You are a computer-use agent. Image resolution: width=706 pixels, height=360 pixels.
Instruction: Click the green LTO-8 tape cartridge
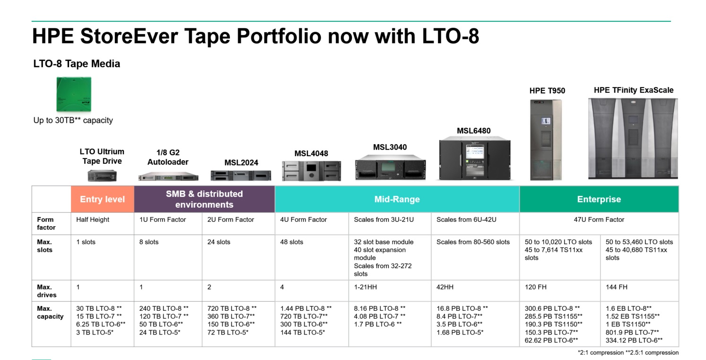coord(74,94)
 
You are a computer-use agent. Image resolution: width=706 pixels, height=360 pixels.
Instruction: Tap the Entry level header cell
coord(103,199)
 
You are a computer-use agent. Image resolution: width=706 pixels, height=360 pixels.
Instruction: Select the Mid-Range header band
coord(397,199)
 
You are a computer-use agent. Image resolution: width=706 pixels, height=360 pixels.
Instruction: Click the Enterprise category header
coord(599,199)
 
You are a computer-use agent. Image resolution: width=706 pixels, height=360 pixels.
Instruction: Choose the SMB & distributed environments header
coord(204,199)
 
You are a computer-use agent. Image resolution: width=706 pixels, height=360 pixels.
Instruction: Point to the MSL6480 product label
coord(473,131)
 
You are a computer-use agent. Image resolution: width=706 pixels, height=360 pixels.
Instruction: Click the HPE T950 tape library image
coord(546,140)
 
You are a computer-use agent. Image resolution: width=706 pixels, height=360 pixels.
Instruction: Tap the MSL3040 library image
coord(390,167)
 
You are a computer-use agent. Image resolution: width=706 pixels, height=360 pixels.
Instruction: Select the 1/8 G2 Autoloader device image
coord(168,176)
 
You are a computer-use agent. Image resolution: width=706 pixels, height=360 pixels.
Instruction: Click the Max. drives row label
coord(47,291)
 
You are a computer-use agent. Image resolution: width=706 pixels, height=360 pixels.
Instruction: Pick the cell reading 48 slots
coord(292,242)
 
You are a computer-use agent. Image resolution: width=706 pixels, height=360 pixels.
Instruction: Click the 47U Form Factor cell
coord(599,220)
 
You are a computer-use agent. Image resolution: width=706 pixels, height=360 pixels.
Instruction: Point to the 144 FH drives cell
coord(617,287)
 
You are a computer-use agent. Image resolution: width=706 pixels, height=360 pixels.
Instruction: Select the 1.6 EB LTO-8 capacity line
coord(628,308)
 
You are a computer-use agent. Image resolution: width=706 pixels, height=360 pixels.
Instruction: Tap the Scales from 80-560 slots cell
coord(473,242)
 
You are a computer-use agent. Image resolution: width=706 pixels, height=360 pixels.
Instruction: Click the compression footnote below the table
coord(628,353)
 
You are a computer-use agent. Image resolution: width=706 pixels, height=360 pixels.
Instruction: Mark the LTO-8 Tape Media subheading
coord(77,64)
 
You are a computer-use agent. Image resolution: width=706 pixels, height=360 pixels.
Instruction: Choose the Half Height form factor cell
coord(93,220)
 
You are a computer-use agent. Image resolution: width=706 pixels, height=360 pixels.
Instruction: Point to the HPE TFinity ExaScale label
coord(634,90)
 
